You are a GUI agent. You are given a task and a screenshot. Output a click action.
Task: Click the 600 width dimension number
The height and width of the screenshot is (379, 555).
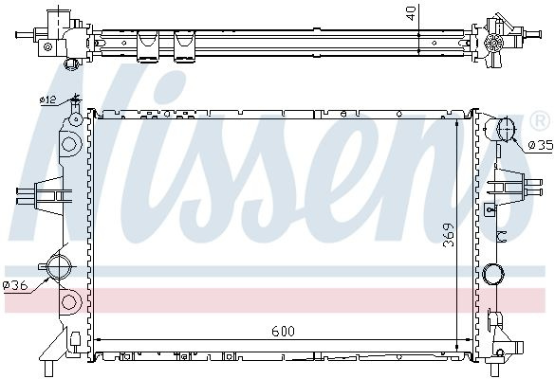tap(283, 332)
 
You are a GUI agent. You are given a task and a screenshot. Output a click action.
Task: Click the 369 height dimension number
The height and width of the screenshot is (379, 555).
tap(449, 235)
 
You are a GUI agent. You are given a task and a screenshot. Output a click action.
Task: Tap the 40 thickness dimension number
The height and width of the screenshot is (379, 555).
tap(411, 13)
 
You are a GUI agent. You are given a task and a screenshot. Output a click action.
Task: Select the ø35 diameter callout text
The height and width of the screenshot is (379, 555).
tap(541, 145)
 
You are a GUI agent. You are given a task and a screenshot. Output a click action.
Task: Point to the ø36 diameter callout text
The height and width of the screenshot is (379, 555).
tap(15, 285)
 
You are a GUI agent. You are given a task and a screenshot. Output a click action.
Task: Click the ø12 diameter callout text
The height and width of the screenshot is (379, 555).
tap(47, 100)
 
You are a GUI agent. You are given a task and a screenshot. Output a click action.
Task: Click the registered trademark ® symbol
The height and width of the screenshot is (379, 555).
tap(541, 121)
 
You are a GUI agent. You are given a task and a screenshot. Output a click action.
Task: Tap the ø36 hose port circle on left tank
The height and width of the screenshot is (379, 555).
tap(58, 267)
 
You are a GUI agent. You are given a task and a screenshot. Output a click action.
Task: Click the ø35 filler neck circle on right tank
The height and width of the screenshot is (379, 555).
tap(507, 129)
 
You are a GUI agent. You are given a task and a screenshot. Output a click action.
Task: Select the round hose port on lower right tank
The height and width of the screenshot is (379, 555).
tap(493, 274)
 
